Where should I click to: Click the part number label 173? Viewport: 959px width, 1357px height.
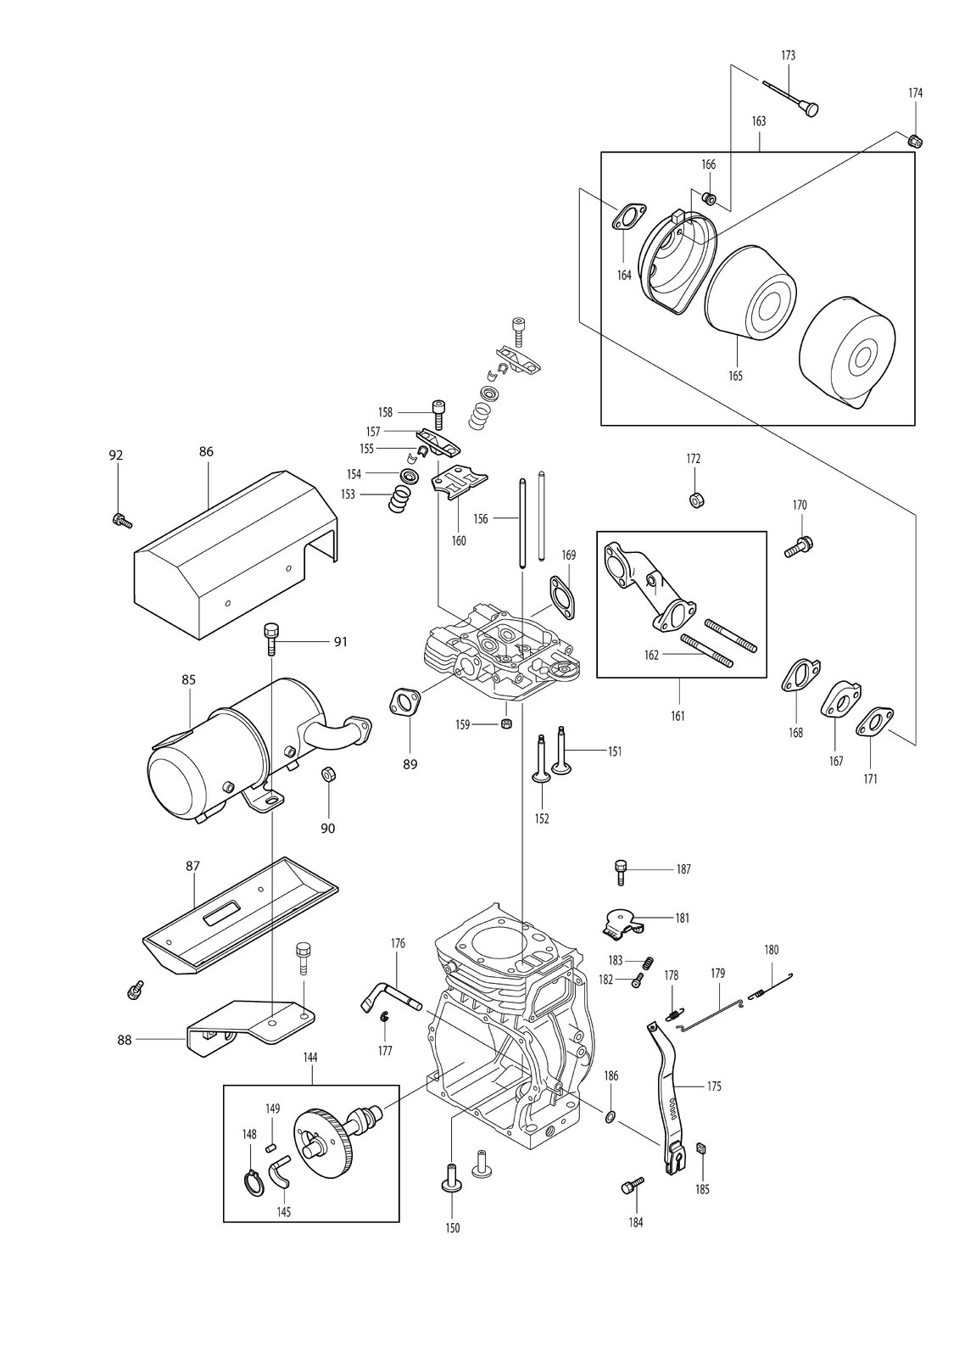pyautogui.click(x=788, y=56)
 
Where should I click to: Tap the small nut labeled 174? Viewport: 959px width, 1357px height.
pyautogui.click(x=915, y=141)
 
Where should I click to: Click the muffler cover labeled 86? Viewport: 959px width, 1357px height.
pyautogui.click(x=235, y=555)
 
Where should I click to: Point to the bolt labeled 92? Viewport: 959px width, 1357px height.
pyautogui.click(x=122, y=520)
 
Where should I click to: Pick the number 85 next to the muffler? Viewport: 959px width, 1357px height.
pyautogui.click(x=188, y=679)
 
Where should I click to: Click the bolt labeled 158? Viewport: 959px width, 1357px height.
pyautogui.click(x=438, y=415)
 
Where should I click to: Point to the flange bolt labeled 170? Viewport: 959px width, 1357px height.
pyautogui.click(x=799, y=546)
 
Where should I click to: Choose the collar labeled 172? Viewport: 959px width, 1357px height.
pyautogui.click(x=697, y=500)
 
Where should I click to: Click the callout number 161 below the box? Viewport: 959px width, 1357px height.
pyautogui.click(x=677, y=716)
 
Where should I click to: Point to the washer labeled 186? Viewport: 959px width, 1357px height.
pyautogui.click(x=610, y=1116)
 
